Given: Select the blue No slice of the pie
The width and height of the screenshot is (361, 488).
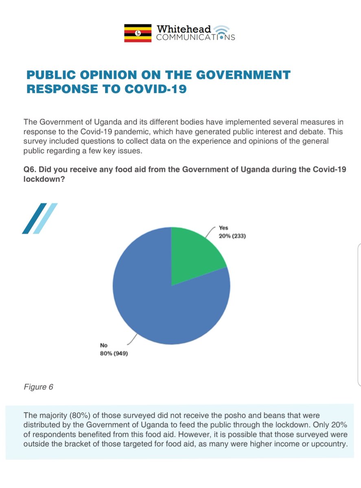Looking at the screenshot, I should click(x=163, y=309).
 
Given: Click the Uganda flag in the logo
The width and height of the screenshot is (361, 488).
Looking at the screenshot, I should click(x=138, y=33).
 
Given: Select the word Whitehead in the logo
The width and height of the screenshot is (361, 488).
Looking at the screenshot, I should click(x=184, y=29).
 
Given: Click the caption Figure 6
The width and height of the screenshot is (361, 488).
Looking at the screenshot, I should click(x=38, y=387).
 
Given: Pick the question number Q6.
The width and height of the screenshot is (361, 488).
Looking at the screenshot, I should click(x=30, y=170).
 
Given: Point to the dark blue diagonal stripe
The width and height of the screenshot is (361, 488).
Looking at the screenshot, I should click(x=34, y=218).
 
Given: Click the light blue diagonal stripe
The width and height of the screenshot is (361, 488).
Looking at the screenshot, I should click(x=45, y=218).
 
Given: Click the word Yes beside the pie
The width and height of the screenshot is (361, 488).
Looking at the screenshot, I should click(x=223, y=228).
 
